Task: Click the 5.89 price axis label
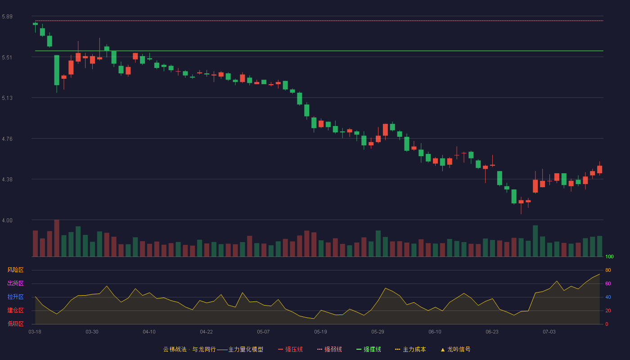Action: tap(7, 17)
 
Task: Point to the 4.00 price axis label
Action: tap(7, 220)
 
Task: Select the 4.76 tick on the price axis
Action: tap(7, 139)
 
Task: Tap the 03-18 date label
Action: tap(35, 332)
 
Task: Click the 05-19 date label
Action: tap(320, 332)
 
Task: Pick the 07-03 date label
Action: tap(549, 332)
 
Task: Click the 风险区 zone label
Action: tap(15, 270)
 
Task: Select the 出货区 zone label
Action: tap(15, 283)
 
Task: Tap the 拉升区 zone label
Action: tap(15, 297)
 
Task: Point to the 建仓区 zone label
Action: tap(15, 310)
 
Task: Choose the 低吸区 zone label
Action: tap(15, 324)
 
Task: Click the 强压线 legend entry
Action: tap(290, 350)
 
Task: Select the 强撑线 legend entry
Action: tap(369, 350)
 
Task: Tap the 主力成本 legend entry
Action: tap(410, 350)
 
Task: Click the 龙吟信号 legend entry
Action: tap(455, 350)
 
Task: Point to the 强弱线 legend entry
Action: tap(329, 350)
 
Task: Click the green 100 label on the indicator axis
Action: tap(609, 256)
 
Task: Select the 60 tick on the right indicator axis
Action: tap(608, 283)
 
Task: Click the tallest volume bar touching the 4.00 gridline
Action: tap(57, 238)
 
